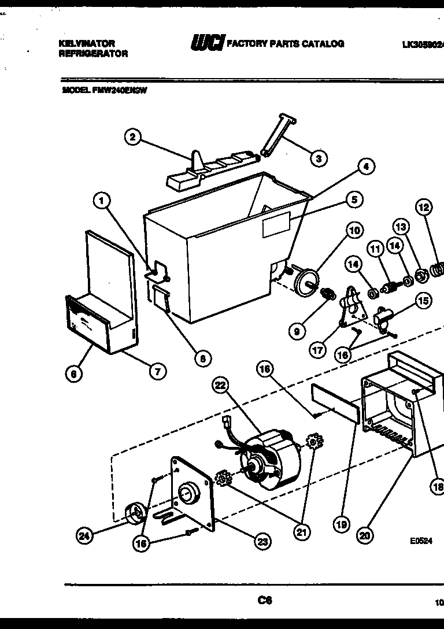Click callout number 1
101,201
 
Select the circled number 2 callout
133,137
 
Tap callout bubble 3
317,158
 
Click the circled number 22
220,386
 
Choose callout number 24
84,536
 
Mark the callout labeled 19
341,524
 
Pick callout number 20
364,536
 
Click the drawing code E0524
421,541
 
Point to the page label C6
265,600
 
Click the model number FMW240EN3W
119,90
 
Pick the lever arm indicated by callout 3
278,135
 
